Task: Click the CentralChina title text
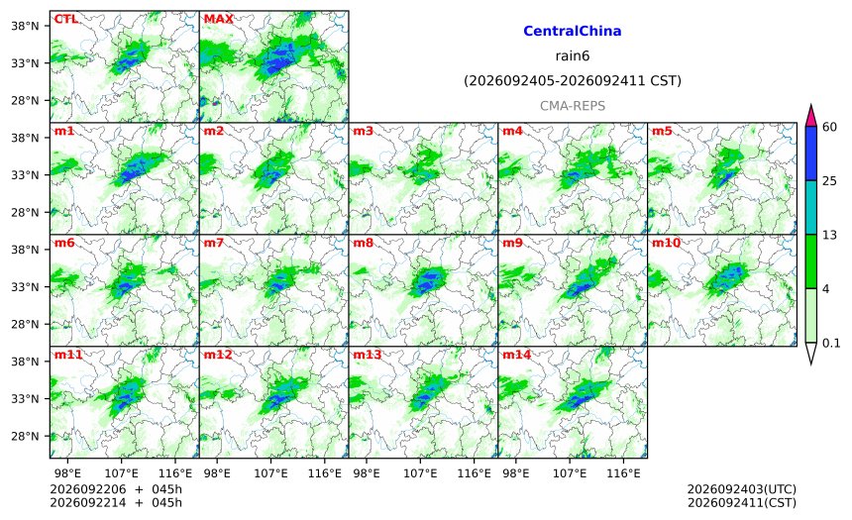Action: (x=573, y=31)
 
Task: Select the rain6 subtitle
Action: (x=573, y=56)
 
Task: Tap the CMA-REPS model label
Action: (x=573, y=106)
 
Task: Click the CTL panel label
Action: (x=65, y=19)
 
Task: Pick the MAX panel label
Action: (x=218, y=19)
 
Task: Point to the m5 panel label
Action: (x=662, y=131)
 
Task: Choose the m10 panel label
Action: (x=666, y=243)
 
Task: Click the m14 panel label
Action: (x=517, y=355)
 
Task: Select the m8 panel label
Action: (x=364, y=243)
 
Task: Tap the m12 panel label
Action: (x=218, y=355)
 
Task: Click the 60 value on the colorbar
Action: (x=830, y=127)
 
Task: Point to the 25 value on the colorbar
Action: (x=830, y=181)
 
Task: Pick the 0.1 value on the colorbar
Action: (x=831, y=343)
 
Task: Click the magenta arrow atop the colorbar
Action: (x=810, y=116)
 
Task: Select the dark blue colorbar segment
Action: (x=810, y=154)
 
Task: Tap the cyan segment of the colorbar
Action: (x=810, y=208)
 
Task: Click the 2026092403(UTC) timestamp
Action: (x=742, y=489)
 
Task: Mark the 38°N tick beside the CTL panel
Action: (x=25, y=26)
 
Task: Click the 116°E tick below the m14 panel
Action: (x=623, y=473)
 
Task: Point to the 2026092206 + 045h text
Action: (x=116, y=489)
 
